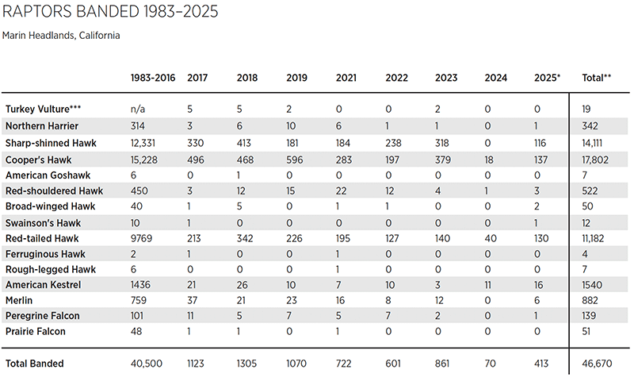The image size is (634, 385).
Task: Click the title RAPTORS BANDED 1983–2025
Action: pos(110,13)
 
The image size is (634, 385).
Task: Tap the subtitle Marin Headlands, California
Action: pos(61,36)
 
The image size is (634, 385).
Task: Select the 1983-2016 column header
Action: pos(151,78)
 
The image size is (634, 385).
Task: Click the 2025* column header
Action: pos(547,78)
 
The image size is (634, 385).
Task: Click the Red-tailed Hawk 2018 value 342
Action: pos(246,237)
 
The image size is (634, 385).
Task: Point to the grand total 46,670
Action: pos(597,364)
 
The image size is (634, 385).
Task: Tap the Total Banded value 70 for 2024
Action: pos(491,364)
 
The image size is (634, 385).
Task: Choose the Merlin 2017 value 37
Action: pos(193,300)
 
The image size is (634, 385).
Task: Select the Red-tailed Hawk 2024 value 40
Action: pos(491,237)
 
